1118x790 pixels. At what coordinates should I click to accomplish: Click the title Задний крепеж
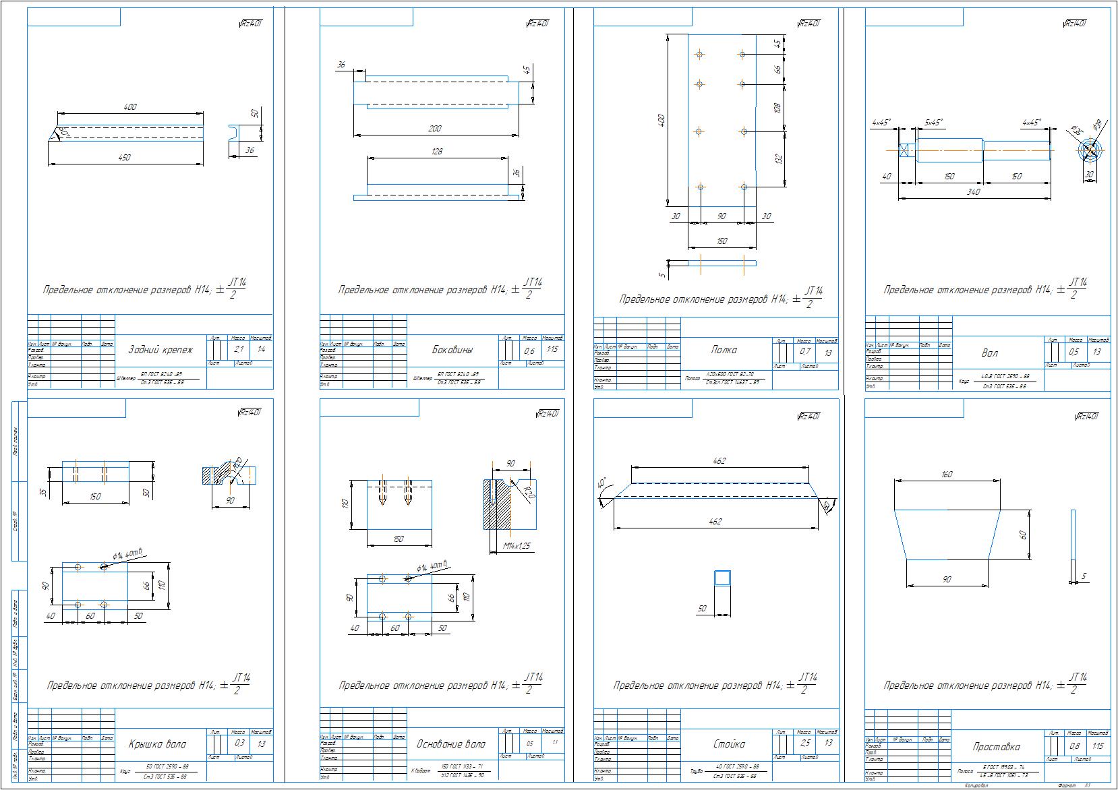tap(160, 350)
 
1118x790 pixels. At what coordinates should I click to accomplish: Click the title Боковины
tap(452, 350)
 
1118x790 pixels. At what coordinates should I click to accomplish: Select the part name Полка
tap(724, 350)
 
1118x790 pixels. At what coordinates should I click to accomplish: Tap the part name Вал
tap(990, 353)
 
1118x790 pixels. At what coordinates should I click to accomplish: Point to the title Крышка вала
tap(157, 744)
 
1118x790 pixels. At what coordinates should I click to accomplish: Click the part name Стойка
tap(729, 744)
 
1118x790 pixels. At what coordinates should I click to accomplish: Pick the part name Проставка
tap(997, 747)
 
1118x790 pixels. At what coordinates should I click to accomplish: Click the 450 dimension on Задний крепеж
tap(125, 157)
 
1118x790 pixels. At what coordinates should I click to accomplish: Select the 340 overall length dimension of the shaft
tap(973, 192)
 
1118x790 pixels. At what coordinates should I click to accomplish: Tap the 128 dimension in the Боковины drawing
tap(436, 152)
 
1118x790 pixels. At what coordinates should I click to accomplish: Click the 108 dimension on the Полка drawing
tap(777, 108)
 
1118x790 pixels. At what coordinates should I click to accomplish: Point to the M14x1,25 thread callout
tap(517, 546)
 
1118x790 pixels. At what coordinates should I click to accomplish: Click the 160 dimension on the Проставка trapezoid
tap(946, 475)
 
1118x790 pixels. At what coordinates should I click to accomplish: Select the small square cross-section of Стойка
tap(723, 578)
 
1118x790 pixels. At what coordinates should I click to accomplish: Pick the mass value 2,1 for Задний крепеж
tap(239, 349)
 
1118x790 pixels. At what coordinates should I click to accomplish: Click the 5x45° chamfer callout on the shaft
tap(933, 123)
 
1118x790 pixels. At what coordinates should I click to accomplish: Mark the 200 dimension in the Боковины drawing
tap(435, 128)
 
